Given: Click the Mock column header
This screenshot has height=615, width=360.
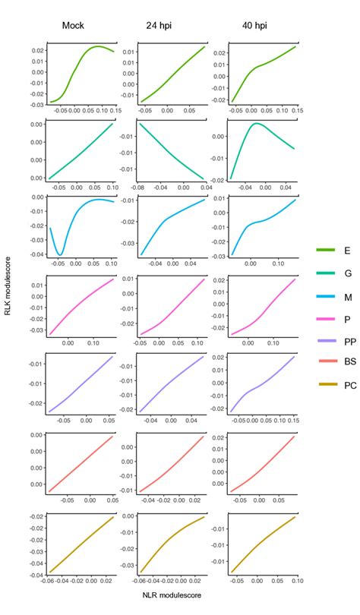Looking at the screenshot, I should tap(73, 25).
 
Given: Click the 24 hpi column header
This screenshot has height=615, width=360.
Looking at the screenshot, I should tap(159, 25).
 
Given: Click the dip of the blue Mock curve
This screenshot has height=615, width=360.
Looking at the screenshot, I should tap(60, 254).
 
